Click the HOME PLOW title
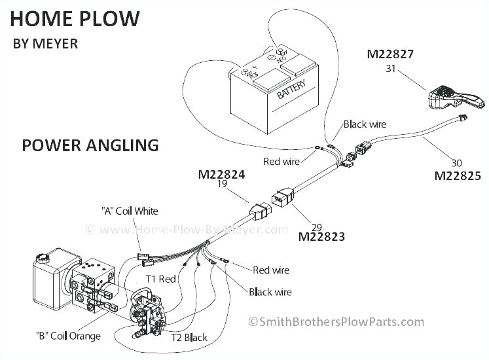coord(75,18)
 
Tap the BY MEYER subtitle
coord(45,45)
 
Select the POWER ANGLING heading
coord(90,145)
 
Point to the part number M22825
coord(458,175)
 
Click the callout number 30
coord(456,163)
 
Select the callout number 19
coord(222,185)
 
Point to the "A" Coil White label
coord(130,211)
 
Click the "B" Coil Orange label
coord(68,336)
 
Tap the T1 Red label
coord(161,279)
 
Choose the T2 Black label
coord(189,338)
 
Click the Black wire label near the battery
coord(365,124)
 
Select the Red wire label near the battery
coord(281,161)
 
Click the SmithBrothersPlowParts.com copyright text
coord(335,321)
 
